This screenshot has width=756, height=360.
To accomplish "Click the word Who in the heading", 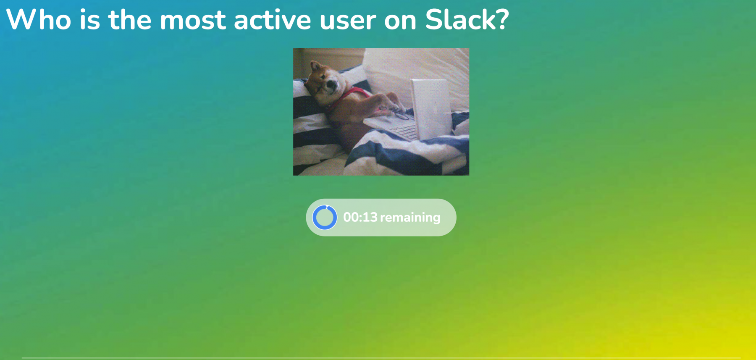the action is pos(39,20).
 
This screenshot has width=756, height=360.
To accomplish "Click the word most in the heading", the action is pos(193,21).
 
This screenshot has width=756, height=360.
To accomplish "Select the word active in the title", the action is pos(273,20).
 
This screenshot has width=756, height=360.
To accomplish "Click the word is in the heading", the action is pos(90,20).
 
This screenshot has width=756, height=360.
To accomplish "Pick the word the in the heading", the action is pos(130,20).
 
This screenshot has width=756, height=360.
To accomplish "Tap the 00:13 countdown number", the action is pos(360,217).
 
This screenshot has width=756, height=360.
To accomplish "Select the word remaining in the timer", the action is pos(410,218).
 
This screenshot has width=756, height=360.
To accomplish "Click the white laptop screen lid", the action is pos(430,108).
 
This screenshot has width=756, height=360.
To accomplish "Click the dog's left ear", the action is pos(314,66).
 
